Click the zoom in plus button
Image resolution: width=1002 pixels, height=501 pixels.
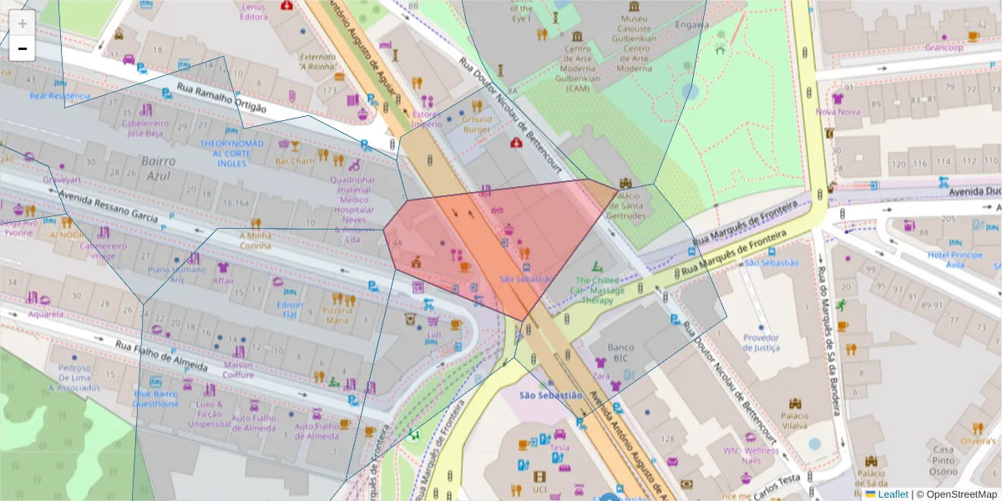click(x=23, y=23)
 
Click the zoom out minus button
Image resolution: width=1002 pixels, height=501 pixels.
click(x=23, y=48)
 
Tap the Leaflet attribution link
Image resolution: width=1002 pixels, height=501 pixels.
click(x=892, y=494)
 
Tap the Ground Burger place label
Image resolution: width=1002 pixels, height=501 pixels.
click(x=477, y=124)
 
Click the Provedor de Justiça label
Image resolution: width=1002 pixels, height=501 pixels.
click(x=761, y=342)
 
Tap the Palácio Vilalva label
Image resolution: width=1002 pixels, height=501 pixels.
click(x=794, y=420)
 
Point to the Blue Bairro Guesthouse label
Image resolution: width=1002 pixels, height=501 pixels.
click(x=155, y=398)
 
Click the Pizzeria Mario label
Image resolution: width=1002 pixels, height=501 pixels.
click(x=337, y=315)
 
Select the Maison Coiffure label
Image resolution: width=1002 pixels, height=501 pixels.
click(x=238, y=369)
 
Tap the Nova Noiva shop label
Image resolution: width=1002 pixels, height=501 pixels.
click(x=838, y=111)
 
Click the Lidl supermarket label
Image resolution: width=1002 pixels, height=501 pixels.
click(x=433, y=335)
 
